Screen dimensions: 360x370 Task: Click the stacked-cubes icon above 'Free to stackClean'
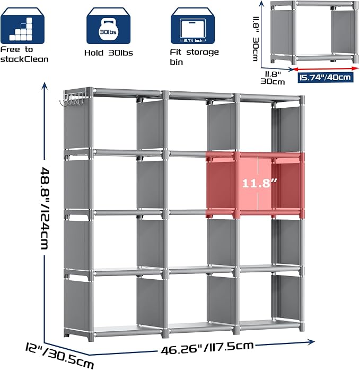[22, 25]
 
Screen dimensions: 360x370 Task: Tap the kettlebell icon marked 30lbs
[108, 25]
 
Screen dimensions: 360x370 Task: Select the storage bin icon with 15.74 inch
[192, 25]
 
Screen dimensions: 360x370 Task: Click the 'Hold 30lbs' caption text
[109, 53]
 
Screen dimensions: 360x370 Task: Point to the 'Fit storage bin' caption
[194, 57]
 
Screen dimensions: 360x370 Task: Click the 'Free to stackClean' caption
[24, 54]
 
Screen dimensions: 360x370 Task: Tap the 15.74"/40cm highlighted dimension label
[326, 78]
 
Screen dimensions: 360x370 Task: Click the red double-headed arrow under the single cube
[326, 68]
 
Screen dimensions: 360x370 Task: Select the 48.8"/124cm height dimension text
[45, 208]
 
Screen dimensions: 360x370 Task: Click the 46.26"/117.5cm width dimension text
[207, 347]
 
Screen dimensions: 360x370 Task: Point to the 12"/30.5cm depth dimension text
[60, 355]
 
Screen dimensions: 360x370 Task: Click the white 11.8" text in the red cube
[260, 183]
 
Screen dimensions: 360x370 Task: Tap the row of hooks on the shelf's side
[72, 100]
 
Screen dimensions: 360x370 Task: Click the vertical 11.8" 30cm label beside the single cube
[256, 38]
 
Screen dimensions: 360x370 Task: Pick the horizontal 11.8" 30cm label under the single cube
[273, 78]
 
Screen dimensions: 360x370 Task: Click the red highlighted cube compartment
[255, 185]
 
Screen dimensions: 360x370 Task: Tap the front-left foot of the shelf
[90, 337]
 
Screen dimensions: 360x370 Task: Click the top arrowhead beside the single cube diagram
[261, 4]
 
